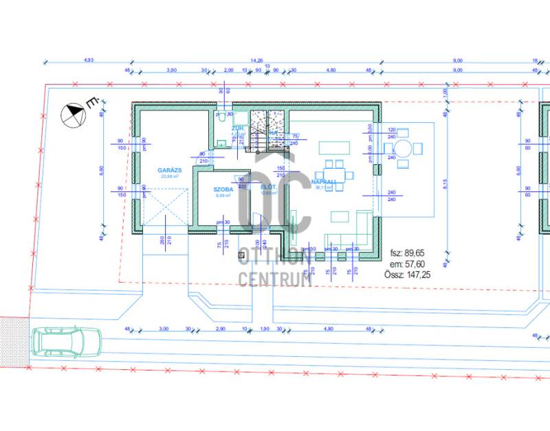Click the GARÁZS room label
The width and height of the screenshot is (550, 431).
168,169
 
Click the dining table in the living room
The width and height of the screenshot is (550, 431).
334,169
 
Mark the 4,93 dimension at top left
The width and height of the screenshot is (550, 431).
88,60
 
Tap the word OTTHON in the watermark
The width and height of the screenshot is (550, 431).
275,259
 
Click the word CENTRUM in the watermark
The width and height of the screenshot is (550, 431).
275,277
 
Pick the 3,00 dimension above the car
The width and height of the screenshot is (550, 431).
164,330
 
